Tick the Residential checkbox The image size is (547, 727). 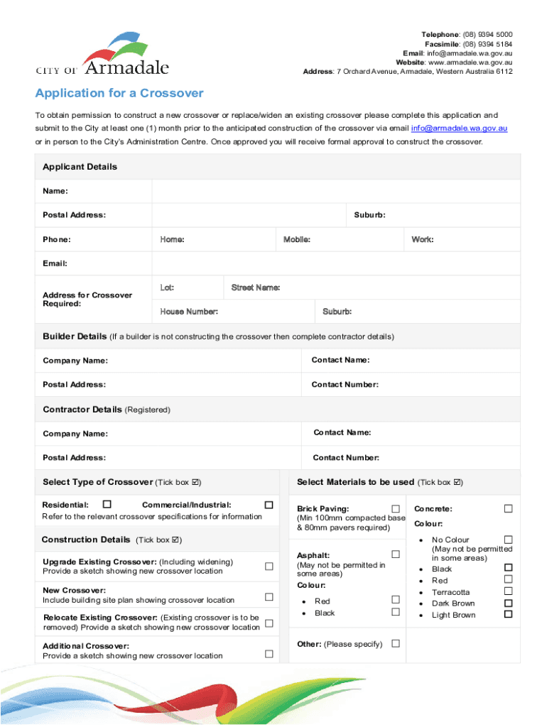107,505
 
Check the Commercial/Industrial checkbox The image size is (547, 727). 269,505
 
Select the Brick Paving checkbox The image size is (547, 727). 396,509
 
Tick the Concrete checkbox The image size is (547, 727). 508,509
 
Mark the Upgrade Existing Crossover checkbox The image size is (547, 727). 269,567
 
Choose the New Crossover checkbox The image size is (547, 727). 269,596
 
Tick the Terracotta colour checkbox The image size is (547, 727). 508,591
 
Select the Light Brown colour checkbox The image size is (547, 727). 508,614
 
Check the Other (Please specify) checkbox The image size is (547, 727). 396,643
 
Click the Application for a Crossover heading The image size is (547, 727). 119,94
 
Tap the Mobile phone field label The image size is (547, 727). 296,240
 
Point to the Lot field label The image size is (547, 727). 167,288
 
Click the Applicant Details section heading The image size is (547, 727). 80,167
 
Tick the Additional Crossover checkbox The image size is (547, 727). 269,653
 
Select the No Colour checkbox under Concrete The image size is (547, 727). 508,540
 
